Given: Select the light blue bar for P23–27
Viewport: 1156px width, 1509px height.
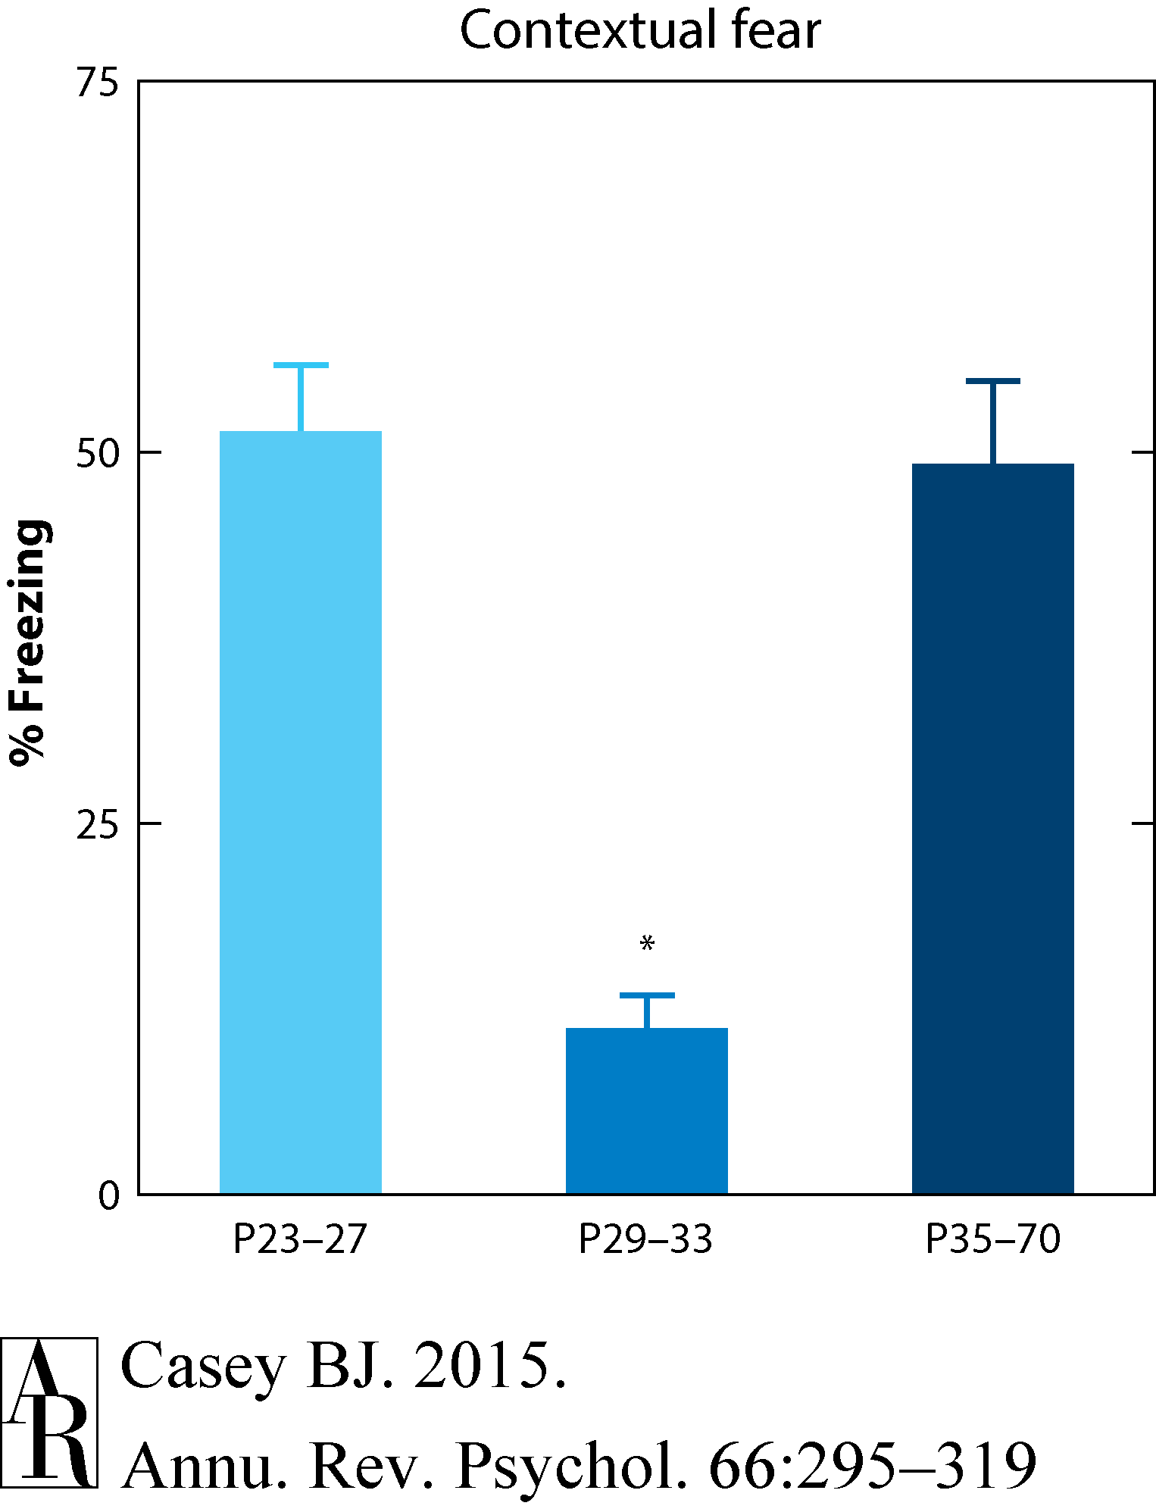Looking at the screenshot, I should coord(300,811).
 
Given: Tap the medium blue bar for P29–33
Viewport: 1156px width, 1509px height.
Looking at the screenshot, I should coord(646,1110).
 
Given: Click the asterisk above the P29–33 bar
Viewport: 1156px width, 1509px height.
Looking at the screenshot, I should coord(646,944).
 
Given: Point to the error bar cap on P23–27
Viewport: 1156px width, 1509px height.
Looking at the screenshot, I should coord(301,365).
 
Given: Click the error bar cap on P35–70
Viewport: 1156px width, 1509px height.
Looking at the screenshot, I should coord(992,381).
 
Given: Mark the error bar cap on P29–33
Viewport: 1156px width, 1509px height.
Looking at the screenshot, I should coord(647,995).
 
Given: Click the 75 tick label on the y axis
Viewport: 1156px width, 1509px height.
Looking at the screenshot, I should coord(98,83).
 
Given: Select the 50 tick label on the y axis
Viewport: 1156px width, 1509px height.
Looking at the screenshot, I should coord(98,454).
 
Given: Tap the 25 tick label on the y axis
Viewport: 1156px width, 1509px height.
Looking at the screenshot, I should coord(98,825).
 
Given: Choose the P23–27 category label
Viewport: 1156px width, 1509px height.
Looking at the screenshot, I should coord(300,1241).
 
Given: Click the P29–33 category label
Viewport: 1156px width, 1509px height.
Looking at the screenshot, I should coord(645,1241).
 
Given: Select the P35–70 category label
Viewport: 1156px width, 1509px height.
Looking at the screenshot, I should coord(992,1241).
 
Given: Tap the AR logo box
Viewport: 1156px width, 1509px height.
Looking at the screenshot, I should coord(49,1412).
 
